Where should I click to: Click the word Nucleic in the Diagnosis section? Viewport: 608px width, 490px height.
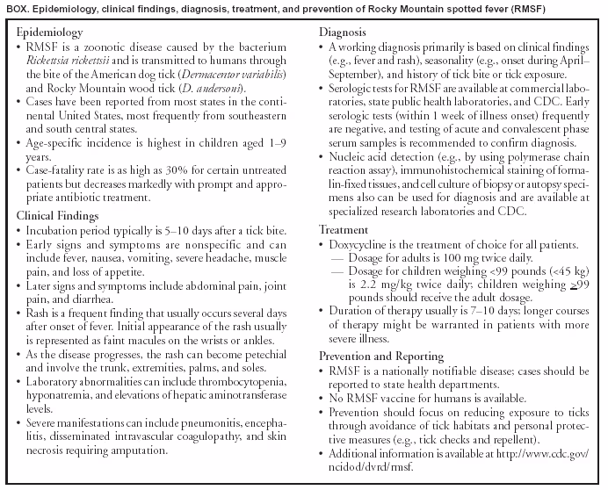[349, 160]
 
